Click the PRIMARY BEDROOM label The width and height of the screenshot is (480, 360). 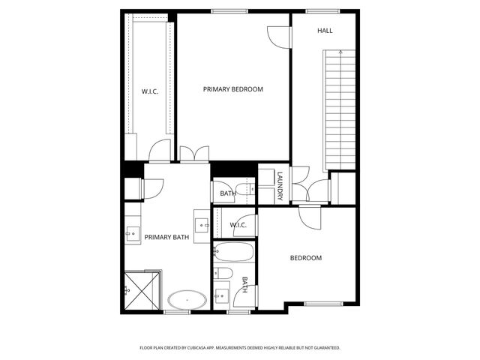tap(233, 89)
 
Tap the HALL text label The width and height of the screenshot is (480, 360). tap(325, 31)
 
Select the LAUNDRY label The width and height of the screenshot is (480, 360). tap(280, 186)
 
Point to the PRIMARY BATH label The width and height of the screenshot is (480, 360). tap(166, 238)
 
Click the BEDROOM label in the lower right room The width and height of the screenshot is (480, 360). tap(306, 258)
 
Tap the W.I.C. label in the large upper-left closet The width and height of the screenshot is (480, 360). tap(149, 91)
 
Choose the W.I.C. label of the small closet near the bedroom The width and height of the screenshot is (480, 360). tap(238, 224)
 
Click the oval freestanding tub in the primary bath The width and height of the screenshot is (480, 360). tap(187, 301)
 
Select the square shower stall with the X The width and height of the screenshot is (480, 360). tap(142, 291)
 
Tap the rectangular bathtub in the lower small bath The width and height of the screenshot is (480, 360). tap(233, 253)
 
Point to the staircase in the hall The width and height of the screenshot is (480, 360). tap(339, 109)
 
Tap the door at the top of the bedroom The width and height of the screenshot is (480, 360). tap(309, 217)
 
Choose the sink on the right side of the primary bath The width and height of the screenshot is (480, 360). tap(202, 223)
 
